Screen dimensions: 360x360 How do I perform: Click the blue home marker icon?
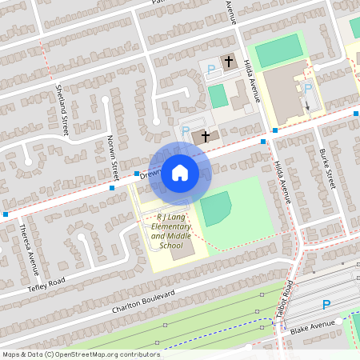(180, 173)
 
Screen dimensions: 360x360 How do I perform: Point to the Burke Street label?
(326, 168)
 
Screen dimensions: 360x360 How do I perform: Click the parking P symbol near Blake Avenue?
(326, 305)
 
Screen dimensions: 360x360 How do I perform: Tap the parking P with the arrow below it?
(308, 89)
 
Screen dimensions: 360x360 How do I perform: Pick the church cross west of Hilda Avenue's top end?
(228, 61)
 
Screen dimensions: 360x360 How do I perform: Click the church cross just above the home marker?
(205, 137)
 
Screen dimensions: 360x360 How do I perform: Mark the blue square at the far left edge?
(6, 214)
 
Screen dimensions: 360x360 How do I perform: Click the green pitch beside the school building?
(214, 208)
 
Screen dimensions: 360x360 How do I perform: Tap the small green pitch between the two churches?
(217, 96)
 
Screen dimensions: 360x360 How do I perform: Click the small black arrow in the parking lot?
(307, 103)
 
